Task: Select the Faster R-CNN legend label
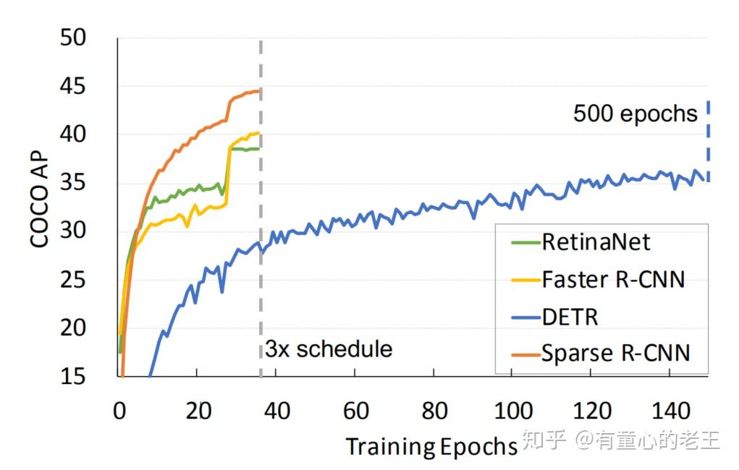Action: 612,279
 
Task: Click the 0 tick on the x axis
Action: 119,411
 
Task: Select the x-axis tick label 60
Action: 355,411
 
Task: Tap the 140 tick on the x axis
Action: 669,411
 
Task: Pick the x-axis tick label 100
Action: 512,411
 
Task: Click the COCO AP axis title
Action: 41,198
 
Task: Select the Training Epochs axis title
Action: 430,446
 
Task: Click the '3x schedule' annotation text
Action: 329,350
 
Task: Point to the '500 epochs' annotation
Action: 635,114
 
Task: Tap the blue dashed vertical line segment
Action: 708,141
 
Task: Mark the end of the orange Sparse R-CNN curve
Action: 258,91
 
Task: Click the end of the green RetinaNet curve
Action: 258,148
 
